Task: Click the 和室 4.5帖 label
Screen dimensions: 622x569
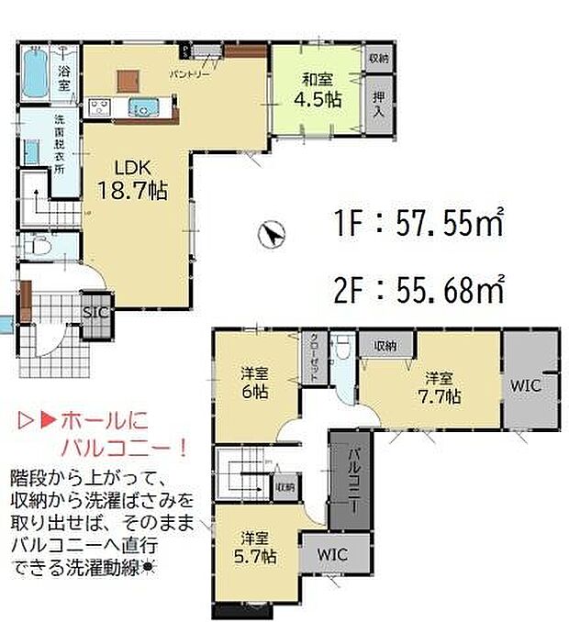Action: (x=318, y=85)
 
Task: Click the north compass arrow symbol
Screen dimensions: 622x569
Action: (x=270, y=237)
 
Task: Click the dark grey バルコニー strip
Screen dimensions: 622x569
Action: (x=351, y=483)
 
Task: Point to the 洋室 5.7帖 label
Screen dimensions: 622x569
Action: (x=257, y=546)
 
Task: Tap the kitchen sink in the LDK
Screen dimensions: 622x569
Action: (x=143, y=106)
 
